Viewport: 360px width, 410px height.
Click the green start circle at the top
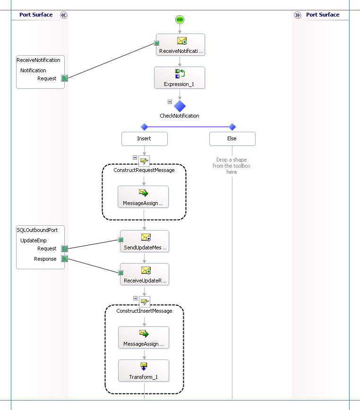click(180, 19)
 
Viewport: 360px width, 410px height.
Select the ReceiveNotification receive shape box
click(180, 44)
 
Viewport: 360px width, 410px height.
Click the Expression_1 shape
click(180, 77)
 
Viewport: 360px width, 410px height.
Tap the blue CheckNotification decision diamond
click(180, 106)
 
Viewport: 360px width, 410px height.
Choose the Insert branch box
click(144, 138)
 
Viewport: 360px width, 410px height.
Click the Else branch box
click(232, 138)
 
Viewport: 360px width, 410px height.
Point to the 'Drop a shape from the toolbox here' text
click(231, 166)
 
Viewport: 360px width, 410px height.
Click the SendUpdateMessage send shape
click(144, 241)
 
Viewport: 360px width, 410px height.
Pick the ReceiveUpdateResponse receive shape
click(144, 274)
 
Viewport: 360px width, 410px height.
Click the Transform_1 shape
click(143, 371)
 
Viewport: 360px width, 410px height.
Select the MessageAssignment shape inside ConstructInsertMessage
click(143, 338)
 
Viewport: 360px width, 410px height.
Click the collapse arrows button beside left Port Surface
click(64, 15)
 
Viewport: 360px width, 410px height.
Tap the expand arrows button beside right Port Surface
click(297, 15)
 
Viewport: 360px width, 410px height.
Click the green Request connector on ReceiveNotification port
click(65, 78)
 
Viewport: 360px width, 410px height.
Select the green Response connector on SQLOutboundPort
click(65, 259)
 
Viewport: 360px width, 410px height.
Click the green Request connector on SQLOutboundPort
click(65, 248)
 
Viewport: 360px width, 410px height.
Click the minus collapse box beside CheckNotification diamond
click(170, 102)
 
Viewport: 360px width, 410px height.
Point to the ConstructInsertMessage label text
click(144, 311)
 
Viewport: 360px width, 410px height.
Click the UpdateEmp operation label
click(34, 240)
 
